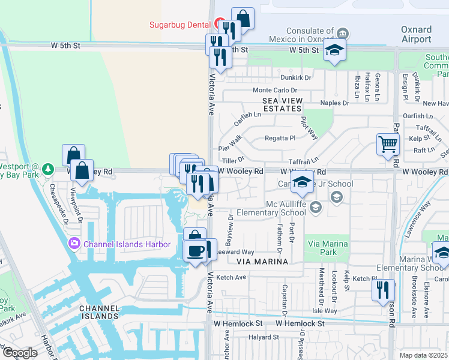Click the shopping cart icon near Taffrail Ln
(388, 144)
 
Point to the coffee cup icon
(195, 251)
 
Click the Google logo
(19, 353)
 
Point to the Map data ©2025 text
(424, 355)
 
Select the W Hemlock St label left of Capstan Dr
(238, 323)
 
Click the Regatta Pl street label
(280, 137)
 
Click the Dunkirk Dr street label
(295, 77)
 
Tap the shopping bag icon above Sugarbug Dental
(243, 18)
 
